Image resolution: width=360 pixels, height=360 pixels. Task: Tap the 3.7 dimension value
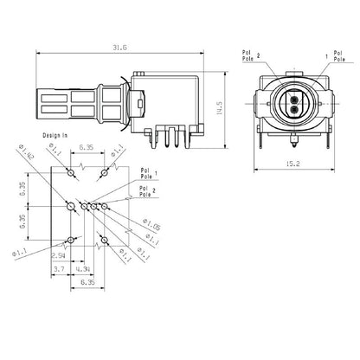click(x=59, y=271)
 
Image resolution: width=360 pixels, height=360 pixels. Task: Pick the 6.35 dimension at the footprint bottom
click(x=87, y=282)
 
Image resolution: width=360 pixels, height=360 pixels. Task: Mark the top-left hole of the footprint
click(x=68, y=170)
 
